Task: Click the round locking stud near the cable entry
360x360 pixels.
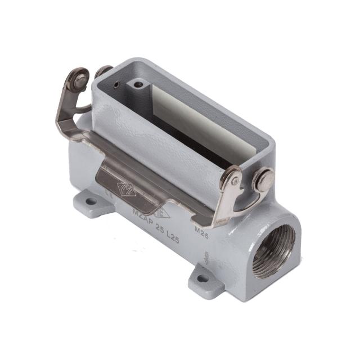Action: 263,180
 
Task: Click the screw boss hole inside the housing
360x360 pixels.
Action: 137,86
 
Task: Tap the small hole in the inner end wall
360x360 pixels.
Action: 115,86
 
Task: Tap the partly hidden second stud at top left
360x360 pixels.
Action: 103,71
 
